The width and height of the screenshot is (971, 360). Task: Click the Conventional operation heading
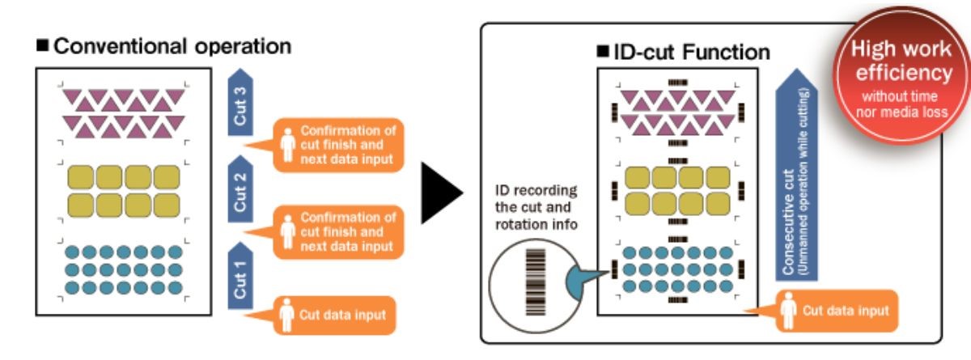(171, 46)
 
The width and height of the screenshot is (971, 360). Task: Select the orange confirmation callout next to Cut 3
(337, 145)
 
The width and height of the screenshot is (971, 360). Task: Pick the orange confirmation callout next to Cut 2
(337, 231)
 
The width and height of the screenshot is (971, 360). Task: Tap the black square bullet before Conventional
(43, 46)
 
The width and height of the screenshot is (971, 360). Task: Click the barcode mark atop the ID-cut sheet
(676, 83)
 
